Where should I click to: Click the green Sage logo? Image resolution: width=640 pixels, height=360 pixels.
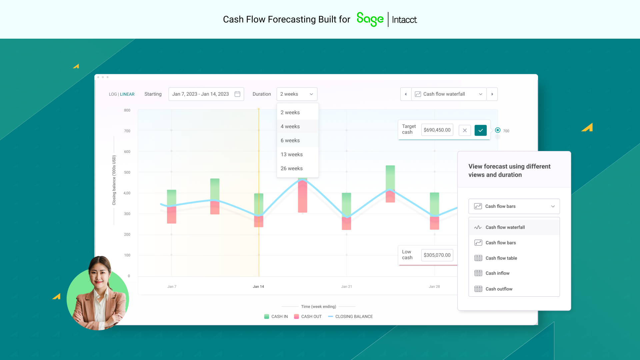point(370,19)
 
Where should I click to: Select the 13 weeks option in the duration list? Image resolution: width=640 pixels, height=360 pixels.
point(292,154)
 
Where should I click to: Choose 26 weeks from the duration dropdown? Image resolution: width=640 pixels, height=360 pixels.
point(292,168)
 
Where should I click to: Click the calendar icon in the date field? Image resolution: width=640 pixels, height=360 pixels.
point(237,94)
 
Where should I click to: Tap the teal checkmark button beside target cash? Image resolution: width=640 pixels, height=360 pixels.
point(480,130)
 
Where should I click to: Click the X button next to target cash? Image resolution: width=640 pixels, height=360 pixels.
point(465,130)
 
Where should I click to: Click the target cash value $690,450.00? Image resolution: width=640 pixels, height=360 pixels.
point(437,130)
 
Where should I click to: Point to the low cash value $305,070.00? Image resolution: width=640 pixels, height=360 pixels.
point(437,255)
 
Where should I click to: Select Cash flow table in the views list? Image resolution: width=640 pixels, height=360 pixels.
point(501,258)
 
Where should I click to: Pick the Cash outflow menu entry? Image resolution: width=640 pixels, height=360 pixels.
point(499,289)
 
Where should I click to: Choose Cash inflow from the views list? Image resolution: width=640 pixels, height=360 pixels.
point(497,273)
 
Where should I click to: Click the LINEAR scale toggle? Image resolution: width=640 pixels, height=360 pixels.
point(127,94)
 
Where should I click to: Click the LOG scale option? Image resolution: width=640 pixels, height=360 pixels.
point(113,94)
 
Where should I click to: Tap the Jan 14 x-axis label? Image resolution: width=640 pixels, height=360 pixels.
point(258,287)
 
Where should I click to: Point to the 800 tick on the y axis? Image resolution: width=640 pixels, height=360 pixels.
point(127,110)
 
